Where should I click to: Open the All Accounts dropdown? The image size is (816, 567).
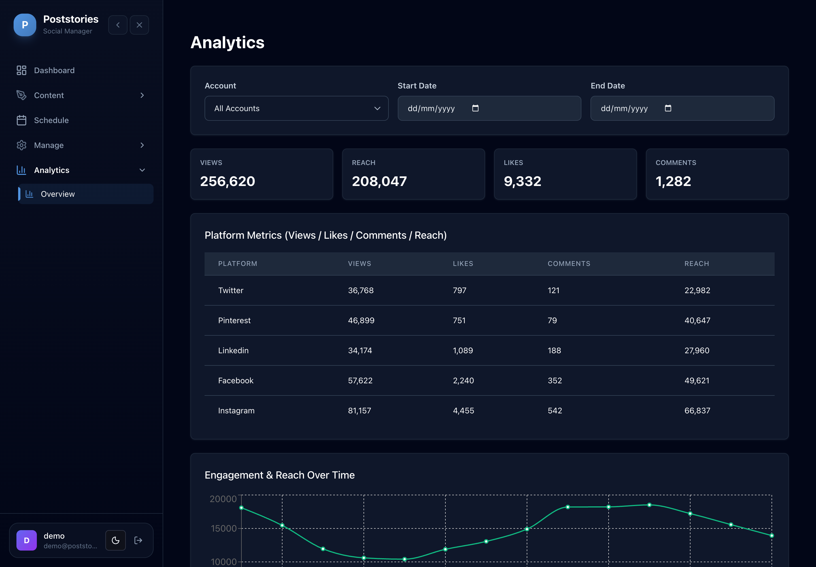tap(296, 108)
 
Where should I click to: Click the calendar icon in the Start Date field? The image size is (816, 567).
tap(475, 108)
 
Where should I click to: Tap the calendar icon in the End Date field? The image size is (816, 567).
tap(668, 108)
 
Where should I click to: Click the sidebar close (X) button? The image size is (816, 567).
tap(139, 25)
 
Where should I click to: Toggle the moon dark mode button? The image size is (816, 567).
tap(115, 540)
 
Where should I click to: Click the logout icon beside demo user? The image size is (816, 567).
tap(138, 540)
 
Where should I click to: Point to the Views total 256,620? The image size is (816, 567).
tap(228, 181)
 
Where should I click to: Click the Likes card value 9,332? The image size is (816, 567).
tap(522, 181)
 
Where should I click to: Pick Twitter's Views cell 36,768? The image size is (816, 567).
tap(361, 290)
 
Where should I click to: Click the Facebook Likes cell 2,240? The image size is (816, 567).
tap(464, 380)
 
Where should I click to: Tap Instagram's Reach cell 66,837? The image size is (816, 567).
tap(697, 411)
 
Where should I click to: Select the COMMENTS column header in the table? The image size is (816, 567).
tap(569, 264)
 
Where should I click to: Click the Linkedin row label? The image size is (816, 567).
tap(233, 350)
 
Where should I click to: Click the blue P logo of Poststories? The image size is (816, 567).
tap(25, 25)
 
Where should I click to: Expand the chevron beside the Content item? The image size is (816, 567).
tap(142, 95)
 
